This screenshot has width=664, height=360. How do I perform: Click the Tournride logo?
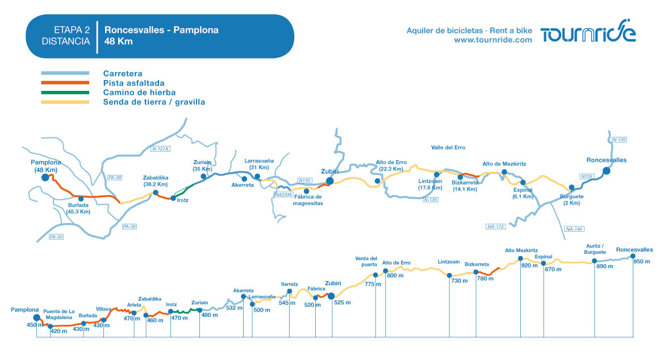[588, 31]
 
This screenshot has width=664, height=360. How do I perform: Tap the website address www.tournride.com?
[493, 40]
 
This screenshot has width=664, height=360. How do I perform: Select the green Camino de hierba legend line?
[65, 93]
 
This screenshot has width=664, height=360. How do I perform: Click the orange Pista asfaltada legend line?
[65, 83]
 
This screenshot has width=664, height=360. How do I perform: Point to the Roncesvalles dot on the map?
[607, 171]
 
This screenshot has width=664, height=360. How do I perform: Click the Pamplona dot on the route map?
[45, 178]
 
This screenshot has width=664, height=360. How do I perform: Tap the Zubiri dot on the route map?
[330, 181]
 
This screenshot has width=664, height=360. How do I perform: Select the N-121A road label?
[161, 149]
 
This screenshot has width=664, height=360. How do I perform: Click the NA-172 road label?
[495, 227]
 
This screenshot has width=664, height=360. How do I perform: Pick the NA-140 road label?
[574, 229]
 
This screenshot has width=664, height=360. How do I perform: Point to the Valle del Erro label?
[448, 148]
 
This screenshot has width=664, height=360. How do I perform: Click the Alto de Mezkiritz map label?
[504, 164]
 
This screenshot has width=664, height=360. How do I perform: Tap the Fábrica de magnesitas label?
[308, 200]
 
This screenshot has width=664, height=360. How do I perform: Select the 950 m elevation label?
[641, 261]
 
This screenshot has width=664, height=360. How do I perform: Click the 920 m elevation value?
[529, 266]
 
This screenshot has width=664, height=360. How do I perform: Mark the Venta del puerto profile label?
[366, 261]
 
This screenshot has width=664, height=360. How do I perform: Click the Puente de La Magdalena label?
[59, 314]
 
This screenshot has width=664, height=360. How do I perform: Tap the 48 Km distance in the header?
[119, 41]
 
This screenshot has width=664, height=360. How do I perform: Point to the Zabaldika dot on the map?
[156, 192]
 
